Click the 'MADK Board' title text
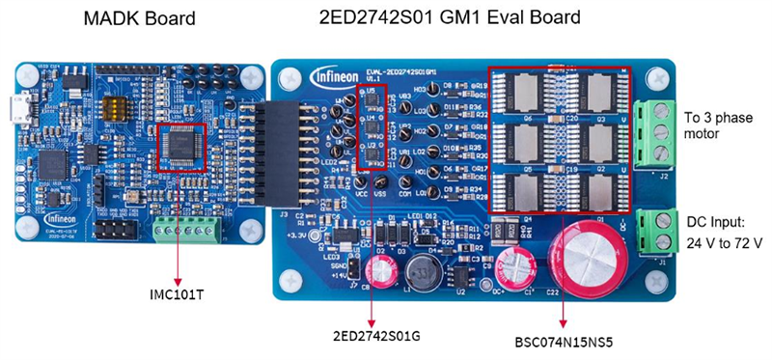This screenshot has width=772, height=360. tap(140, 18)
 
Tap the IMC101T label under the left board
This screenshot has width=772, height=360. tap(177, 293)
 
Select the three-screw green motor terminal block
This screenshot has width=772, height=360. tap(654, 131)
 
